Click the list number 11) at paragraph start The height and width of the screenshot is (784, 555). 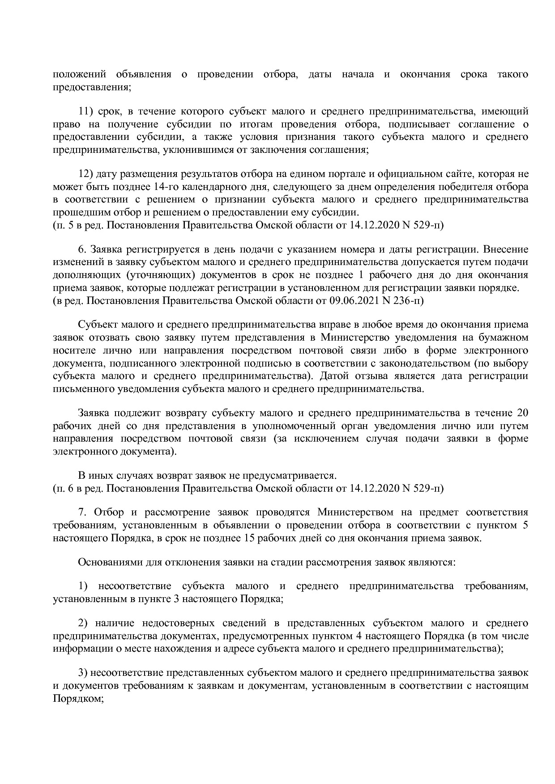pyautogui.click(x=85, y=111)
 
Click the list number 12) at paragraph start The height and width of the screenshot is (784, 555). pyautogui.click(x=85, y=173)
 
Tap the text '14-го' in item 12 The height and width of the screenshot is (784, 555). pyautogui.click(x=176, y=186)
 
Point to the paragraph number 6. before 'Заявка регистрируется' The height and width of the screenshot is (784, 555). pyautogui.click(x=81, y=249)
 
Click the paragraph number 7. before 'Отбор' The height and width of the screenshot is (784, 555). pyautogui.click(x=81, y=512)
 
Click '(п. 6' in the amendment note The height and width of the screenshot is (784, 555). pyautogui.click(x=63, y=488)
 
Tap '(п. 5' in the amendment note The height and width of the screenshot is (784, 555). pyautogui.click(x=63, y=225)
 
